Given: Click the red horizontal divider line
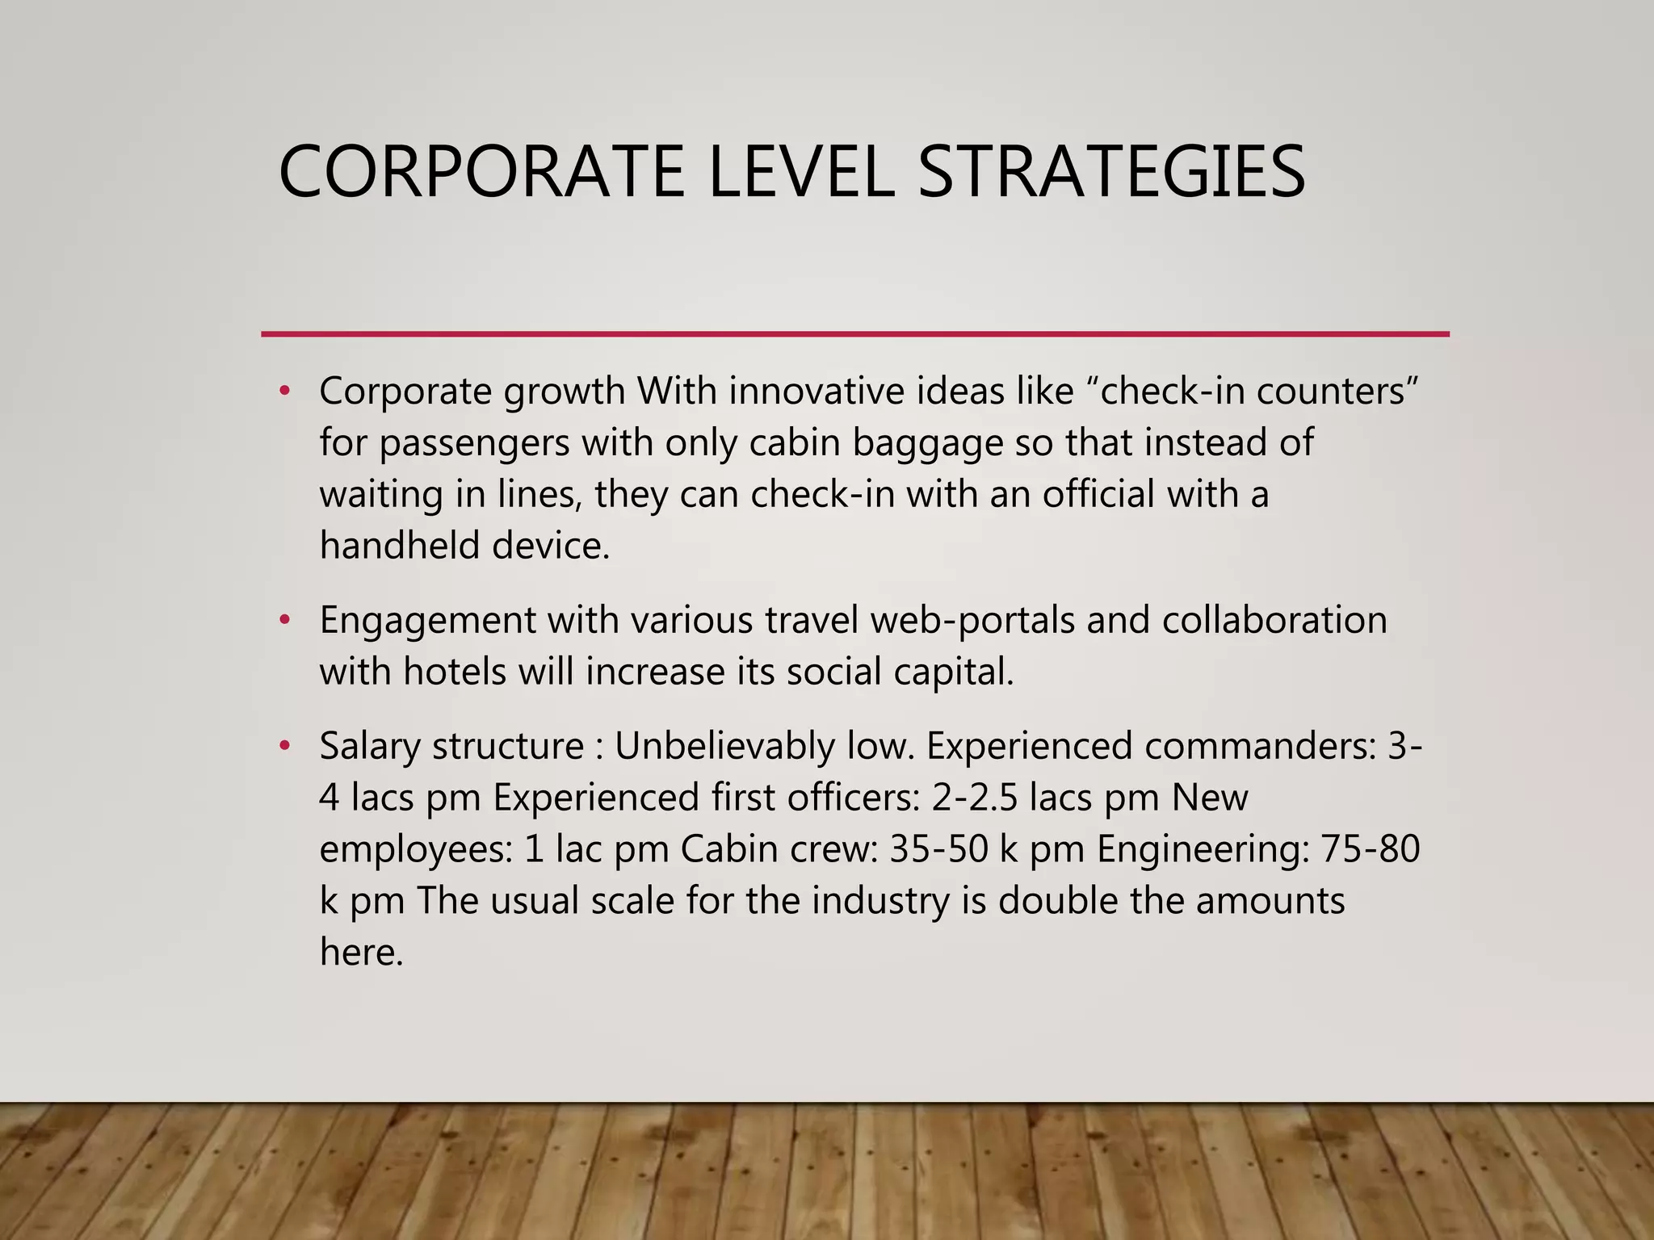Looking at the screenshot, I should pos(854,333).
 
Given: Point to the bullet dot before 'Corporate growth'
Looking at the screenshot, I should pos(283,392).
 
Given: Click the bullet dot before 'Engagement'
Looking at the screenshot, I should pos(283,621).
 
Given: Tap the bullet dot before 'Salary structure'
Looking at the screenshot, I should pos(283,746).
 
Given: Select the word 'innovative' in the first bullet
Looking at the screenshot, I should pos(817,391).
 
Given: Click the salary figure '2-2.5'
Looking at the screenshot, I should pos(975,798).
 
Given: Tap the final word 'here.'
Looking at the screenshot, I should pos(361,952).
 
